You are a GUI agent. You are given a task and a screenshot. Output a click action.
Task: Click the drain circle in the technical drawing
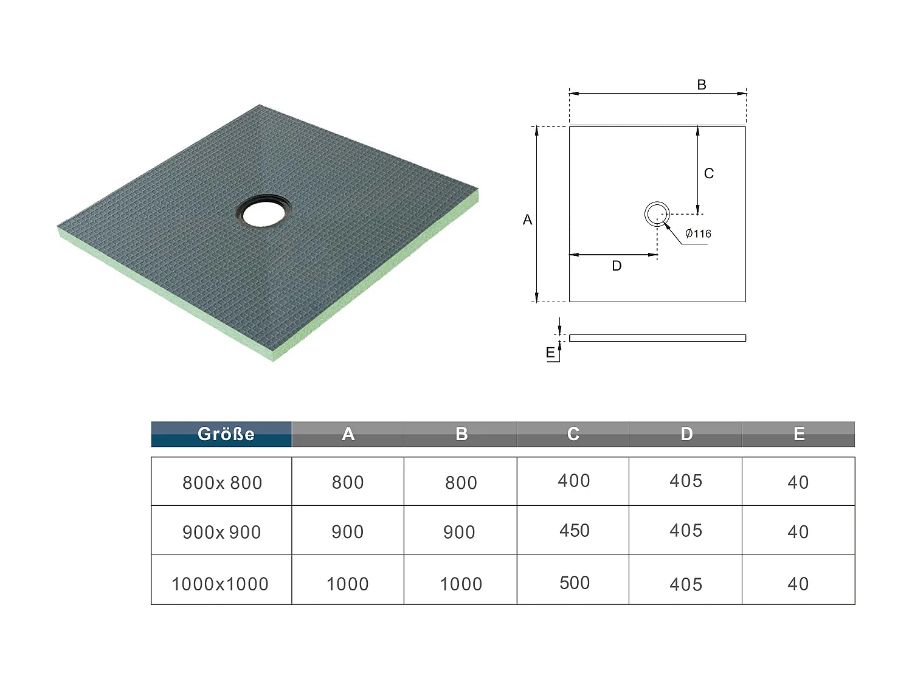(657, 214)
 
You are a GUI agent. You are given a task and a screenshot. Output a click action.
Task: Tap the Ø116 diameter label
(698, 233)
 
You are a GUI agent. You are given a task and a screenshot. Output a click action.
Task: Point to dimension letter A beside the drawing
(527, 219)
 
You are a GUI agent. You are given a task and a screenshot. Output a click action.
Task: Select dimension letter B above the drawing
(701, 85)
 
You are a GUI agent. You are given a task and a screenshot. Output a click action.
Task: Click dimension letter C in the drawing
(708, 173)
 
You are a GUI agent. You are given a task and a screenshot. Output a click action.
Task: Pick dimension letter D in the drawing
(617, 266)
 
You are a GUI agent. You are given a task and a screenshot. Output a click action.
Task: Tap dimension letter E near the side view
(550, 353)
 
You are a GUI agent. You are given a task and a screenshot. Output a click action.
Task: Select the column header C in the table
(573, 434)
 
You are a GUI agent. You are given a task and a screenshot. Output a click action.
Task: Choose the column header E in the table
(798, 434)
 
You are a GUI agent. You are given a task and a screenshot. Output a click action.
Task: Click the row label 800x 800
(222, 483)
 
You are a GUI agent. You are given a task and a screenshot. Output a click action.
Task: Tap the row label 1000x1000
(220, 584)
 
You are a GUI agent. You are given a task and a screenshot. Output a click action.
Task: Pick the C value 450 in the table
(574, 530)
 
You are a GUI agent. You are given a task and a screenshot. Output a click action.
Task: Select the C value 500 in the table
(574, 582)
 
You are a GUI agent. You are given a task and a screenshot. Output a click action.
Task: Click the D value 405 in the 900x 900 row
(685, 530)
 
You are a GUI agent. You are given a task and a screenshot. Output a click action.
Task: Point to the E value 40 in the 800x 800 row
(798, 482)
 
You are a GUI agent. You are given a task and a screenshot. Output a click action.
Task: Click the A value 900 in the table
(347, 531)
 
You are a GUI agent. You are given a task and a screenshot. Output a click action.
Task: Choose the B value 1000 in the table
(460, 584)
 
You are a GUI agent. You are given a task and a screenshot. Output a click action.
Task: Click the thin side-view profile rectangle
(657, 338)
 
